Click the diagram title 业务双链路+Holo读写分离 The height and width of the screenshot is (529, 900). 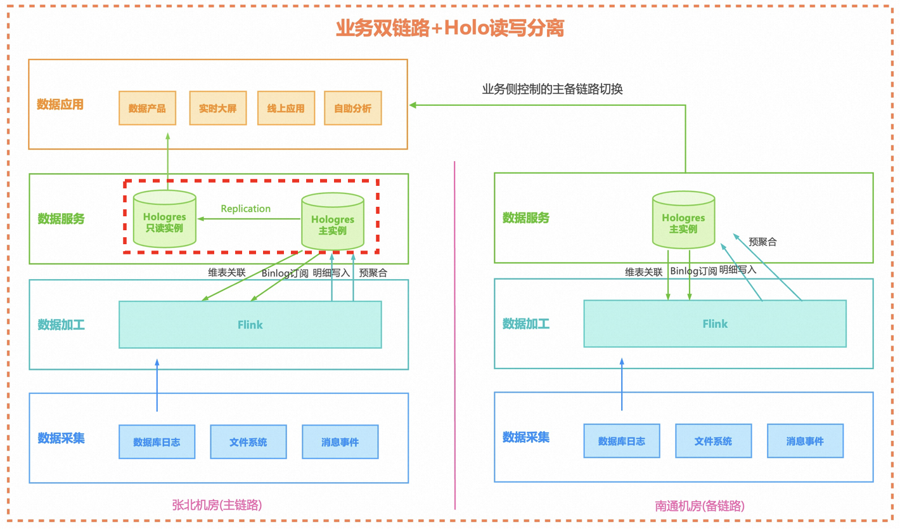pyautogui.click(x=450, y=28)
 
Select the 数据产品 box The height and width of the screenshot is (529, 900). pyautogui.click(x=148, y=108)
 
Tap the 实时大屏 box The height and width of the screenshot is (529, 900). pyautogui.click(x=218, y=108)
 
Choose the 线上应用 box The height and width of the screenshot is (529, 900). pyautogui.click(x=286, y=108)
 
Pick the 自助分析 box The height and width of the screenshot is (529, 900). pyautogui.click(x=353, y=108)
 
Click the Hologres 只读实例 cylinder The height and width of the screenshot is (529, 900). pyautogui.click(x=165, y=219)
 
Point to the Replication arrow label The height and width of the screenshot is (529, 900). pyautogui.click(x=245, y=209)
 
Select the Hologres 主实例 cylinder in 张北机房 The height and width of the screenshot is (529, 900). pyautogui.click(x=333, y=221)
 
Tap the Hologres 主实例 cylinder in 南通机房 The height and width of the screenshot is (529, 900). pyautogui.click(x=683, y=220)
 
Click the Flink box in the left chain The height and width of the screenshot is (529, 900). pyautogui.click(x=250, y=324)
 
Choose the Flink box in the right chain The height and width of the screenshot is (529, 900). pyautogui.click(x=715, y=323)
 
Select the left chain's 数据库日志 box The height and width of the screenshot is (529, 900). pyautogui.click(x=157, y=441)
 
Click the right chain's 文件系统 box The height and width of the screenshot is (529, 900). pyautogui.click(x=713, y=441)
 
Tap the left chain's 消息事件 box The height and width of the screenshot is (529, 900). pyautogui.click(x=340, y=441)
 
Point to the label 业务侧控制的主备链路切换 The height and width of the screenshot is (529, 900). pyautogui.click(x=553, y=89)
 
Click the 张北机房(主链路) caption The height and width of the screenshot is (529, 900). pyautogui.click(x=217, y=505)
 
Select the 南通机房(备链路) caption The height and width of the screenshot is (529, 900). pyautogui.click(x=700, y=506)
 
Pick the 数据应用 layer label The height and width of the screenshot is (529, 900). pyautogui.click(x=60, y=105)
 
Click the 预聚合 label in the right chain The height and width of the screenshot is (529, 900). pyautogui.click(x=762, y=242)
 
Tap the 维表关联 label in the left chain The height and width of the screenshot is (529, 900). pyautogui.click(x=227, y=273)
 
